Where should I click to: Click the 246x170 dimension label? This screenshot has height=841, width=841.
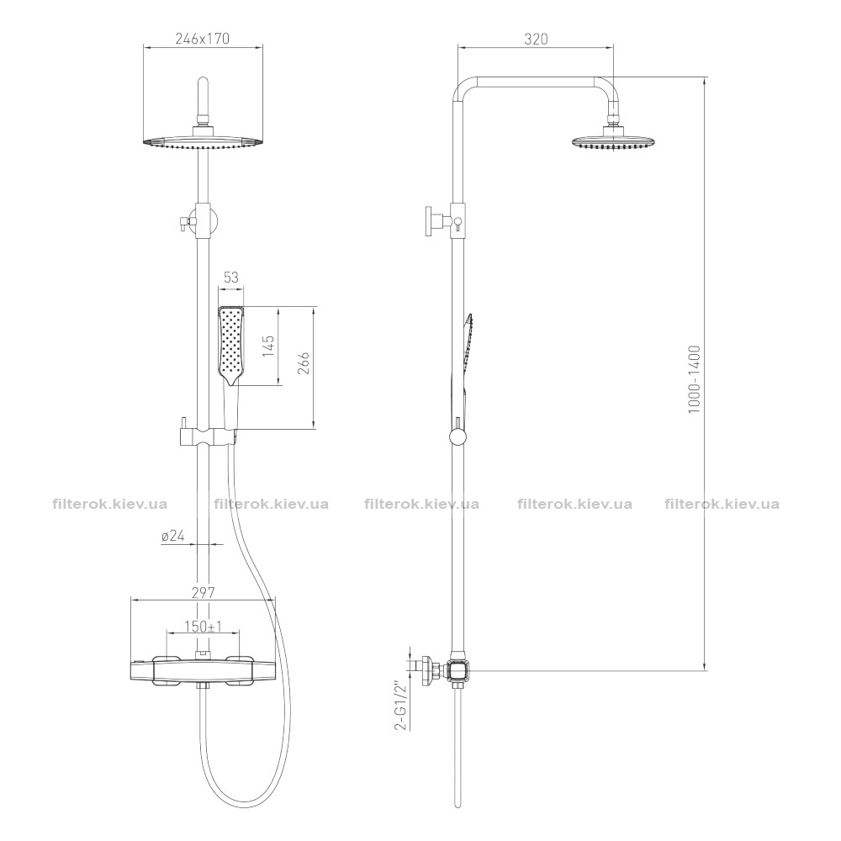(x=202, y=39)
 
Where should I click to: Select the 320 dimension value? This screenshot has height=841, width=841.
(x=536, y=40)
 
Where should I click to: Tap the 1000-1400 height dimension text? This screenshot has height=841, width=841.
(x=695, y=378)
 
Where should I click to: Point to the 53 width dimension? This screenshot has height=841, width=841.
(x=230, y=277)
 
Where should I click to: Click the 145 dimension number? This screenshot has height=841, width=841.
(x=268, y=346)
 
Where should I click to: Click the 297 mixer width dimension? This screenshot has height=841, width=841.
(x=204, y=593)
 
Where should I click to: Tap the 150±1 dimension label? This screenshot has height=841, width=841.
(x=204, y=627)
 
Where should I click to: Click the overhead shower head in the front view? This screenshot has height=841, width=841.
(x=204, y=140)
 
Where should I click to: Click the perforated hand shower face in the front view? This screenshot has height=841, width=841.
(x=231, y=344)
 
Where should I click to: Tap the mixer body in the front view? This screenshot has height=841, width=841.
(x=204, y=670)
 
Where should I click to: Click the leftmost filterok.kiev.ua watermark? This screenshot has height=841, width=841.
(x=110, y=504)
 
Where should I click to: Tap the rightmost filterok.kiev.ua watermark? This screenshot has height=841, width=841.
(x=722, y=504)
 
